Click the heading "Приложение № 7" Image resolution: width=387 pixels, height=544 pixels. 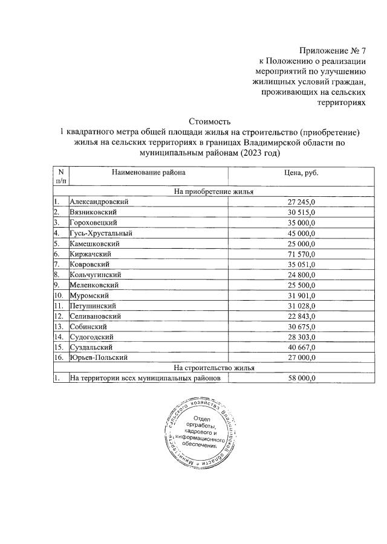[x=333, y=51]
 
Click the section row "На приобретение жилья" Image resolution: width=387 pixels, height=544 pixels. [x=213, y=191]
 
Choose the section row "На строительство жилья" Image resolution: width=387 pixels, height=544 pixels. [x=213, y=368]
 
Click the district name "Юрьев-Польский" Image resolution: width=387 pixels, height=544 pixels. [x=99, y=357]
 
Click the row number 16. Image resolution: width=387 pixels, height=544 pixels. [x=59, y=357]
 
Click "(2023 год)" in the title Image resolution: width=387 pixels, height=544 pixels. [x=261, y=153]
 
